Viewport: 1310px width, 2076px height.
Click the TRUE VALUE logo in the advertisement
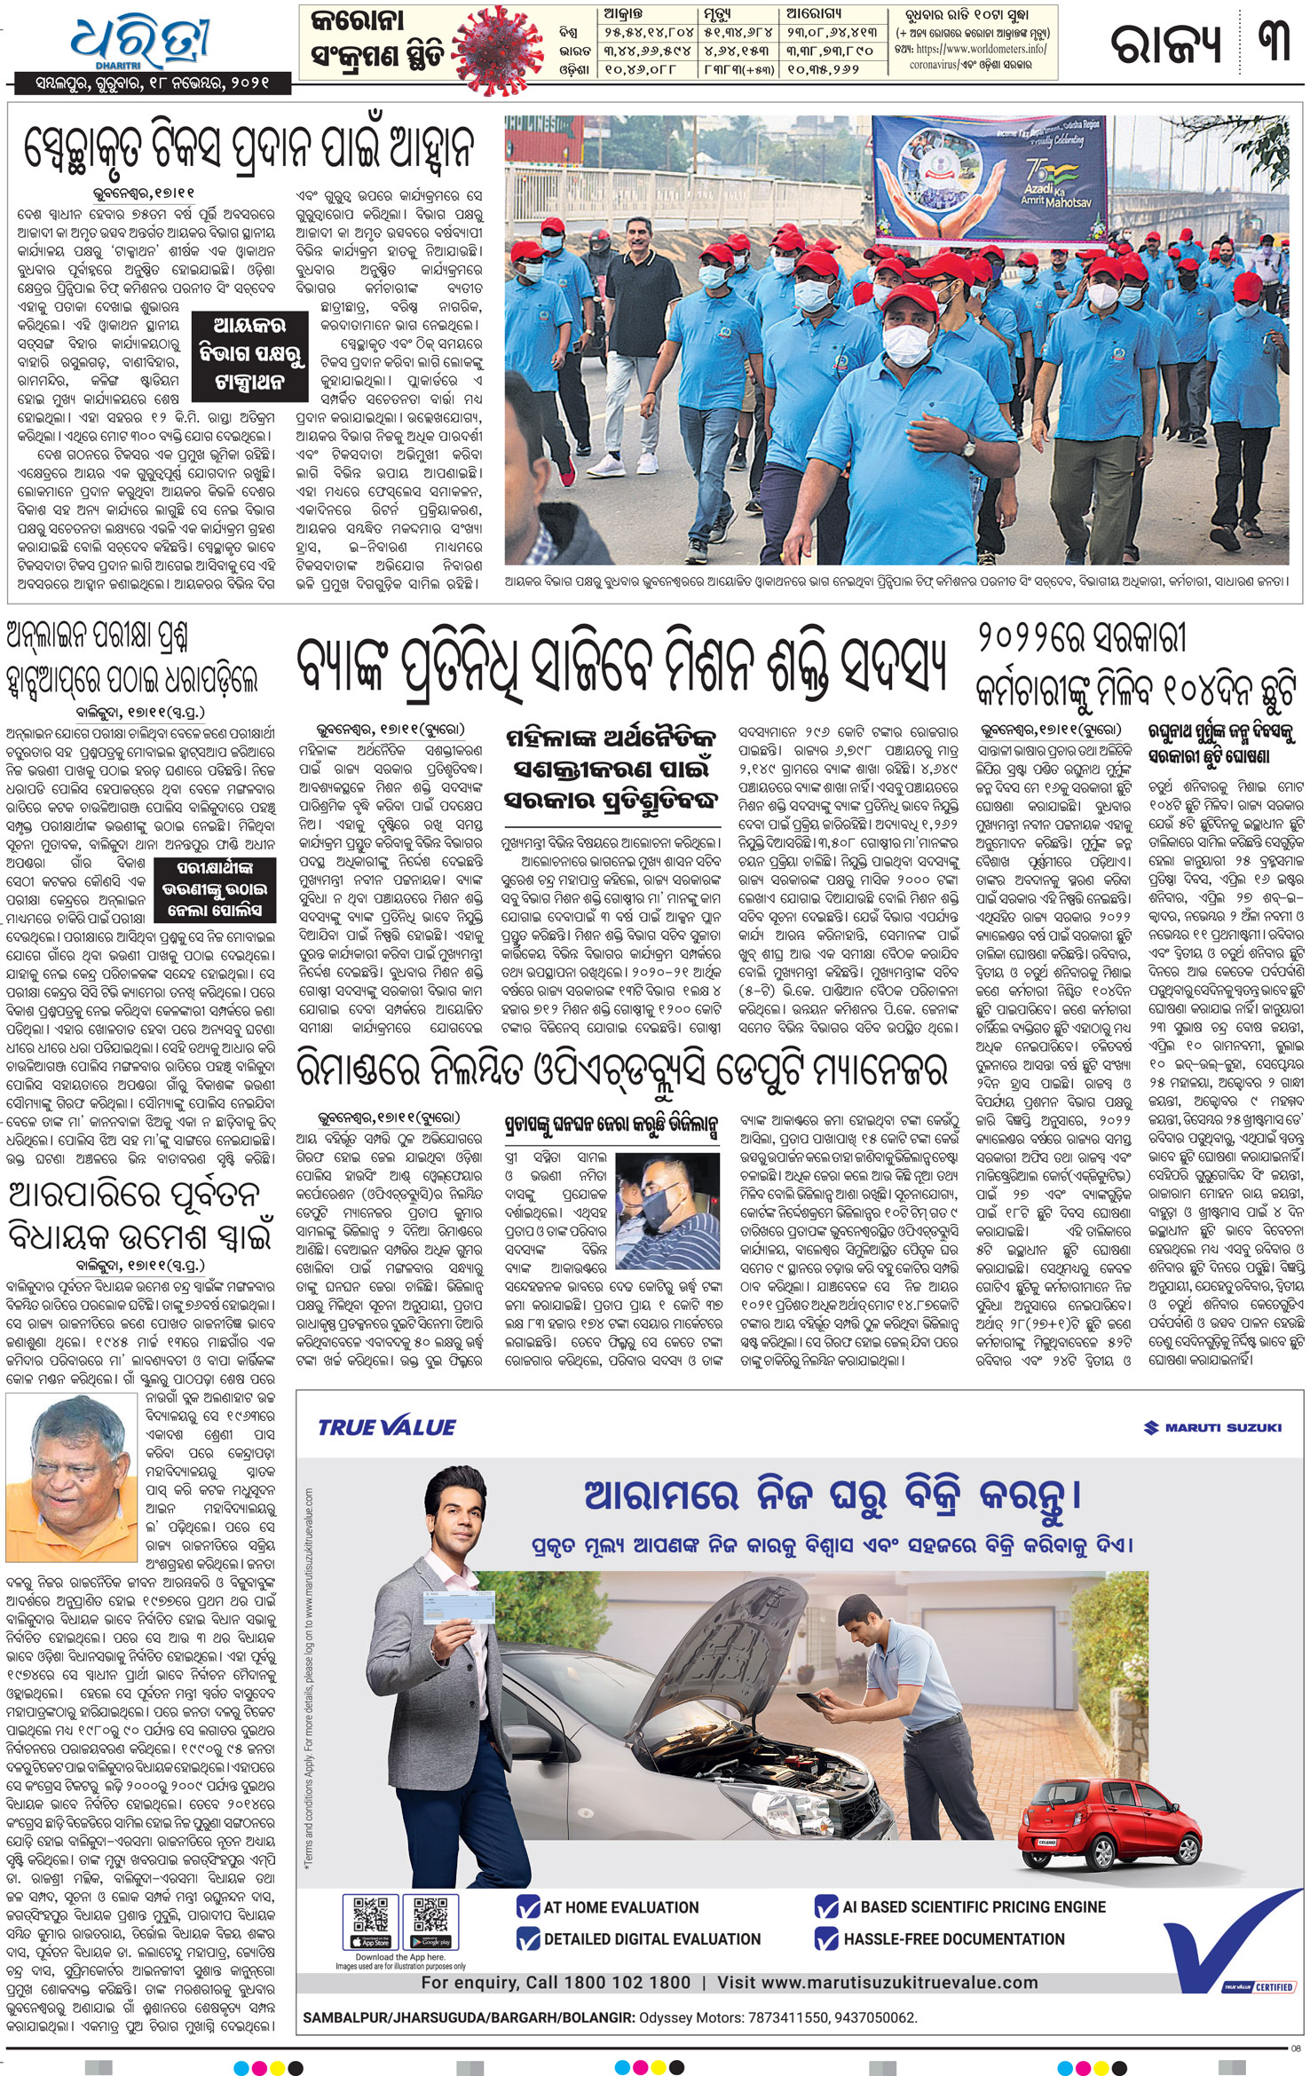click(x=387, y=1427)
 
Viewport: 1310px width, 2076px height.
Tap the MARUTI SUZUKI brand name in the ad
click(x=1212, y=1427)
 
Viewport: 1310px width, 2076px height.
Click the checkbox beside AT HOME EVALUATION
click(x=528, y=1906)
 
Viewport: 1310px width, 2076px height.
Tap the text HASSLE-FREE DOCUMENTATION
click(x=953, y=1939)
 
